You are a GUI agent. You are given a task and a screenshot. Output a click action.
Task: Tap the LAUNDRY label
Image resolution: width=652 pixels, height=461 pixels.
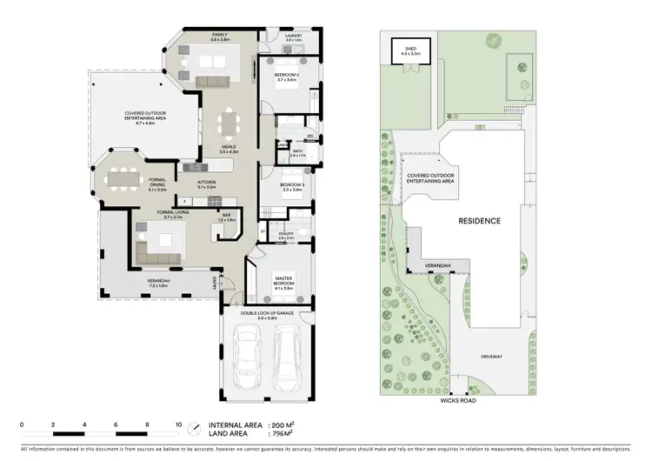[292, 36]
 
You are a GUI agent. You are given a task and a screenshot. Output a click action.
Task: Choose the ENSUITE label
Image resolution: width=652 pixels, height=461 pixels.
[286, 232]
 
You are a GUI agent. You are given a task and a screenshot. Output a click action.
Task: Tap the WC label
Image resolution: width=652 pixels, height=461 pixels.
[309, 136]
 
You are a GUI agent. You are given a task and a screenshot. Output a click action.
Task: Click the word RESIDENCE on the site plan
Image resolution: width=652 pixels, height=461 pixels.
[480, 221]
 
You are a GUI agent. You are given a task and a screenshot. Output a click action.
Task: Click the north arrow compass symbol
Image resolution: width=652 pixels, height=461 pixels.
[195, 430]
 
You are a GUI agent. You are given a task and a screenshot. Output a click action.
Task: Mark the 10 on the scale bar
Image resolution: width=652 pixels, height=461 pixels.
[178, 424]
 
